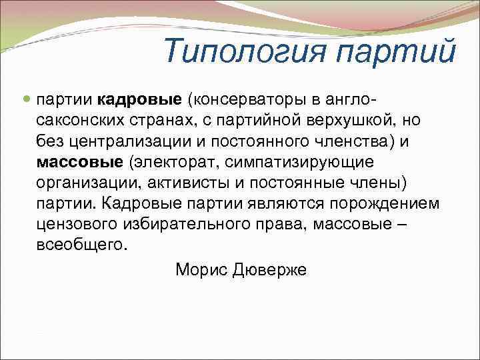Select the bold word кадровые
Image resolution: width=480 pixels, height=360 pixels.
coord(140,100)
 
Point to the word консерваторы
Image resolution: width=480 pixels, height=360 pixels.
coord(243,100)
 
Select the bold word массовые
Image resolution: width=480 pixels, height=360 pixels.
coord(80,162)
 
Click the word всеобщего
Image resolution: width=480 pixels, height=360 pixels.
coord(81,245)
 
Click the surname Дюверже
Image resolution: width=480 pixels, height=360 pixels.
coord(270,269)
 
